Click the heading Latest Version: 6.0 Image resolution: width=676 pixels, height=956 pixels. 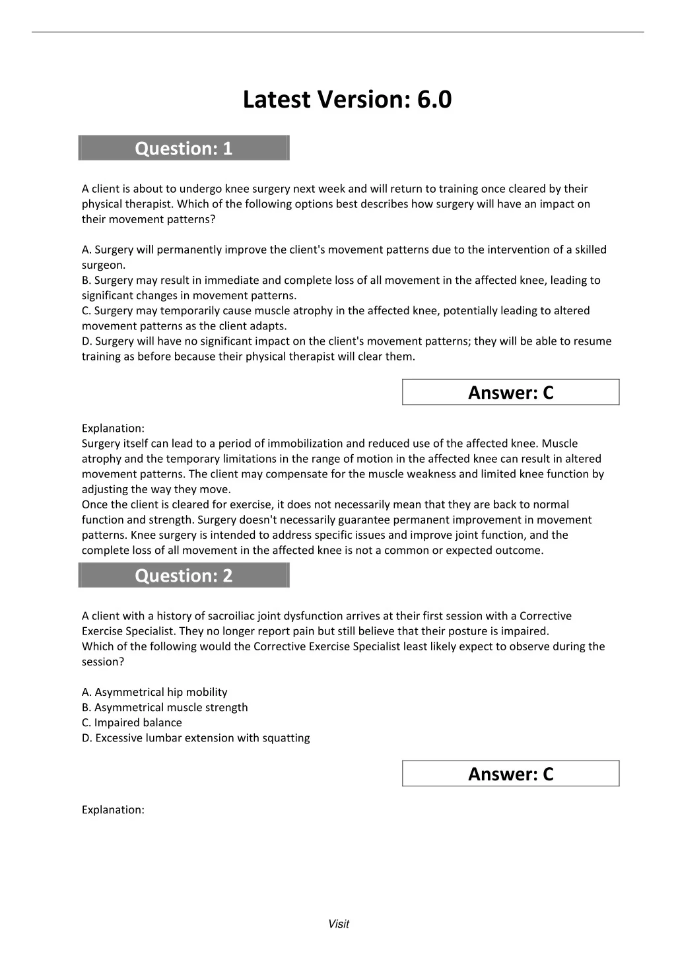347,100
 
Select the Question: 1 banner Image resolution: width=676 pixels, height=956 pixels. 184,148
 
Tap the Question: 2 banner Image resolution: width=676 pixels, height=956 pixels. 184,576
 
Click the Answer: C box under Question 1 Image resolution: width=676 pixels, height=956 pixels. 510,392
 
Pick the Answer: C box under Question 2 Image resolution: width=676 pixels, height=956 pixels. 510,774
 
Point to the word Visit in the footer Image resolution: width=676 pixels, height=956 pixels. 338,924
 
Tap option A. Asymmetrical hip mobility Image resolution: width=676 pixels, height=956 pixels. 154,692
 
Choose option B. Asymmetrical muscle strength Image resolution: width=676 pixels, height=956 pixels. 164,707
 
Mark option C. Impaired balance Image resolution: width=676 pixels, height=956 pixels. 131,722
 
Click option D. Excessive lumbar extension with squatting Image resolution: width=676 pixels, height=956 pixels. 195,737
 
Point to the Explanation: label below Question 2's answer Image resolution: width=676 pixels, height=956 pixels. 113,809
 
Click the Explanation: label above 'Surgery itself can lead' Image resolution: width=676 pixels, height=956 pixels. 113,428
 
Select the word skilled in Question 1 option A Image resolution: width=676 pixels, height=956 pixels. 590,250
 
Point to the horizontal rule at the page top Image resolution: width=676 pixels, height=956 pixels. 338,32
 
